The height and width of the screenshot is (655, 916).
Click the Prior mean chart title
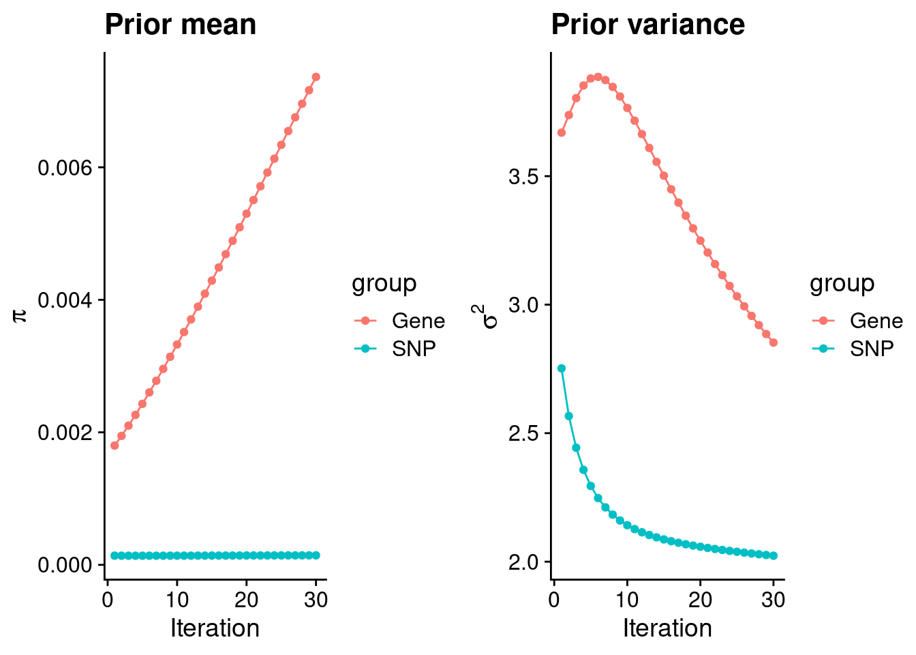point(181,25)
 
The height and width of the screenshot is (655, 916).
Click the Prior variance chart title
point(647,25)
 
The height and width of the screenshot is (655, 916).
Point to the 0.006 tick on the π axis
point(66,168)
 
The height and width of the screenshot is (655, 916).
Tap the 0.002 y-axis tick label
point(66,433)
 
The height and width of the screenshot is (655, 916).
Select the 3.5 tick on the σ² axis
point(523,177)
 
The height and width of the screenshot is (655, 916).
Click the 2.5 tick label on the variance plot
point(523,434)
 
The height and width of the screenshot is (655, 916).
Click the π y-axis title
point(20,315)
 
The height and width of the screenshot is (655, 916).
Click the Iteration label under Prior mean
point(215,628)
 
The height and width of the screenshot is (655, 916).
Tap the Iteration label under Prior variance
point(667,628)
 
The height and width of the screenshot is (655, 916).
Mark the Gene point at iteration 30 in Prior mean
point(316,77)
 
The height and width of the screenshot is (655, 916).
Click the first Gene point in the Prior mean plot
point(114,446)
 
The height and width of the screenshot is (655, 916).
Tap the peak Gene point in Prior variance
point(598,77)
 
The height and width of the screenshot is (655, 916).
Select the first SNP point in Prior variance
point(562,368)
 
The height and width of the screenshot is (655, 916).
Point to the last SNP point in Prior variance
point(774,556)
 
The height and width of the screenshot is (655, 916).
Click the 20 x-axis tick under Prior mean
point(246,600)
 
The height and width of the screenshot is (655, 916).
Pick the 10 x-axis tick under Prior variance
point(627,600)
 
